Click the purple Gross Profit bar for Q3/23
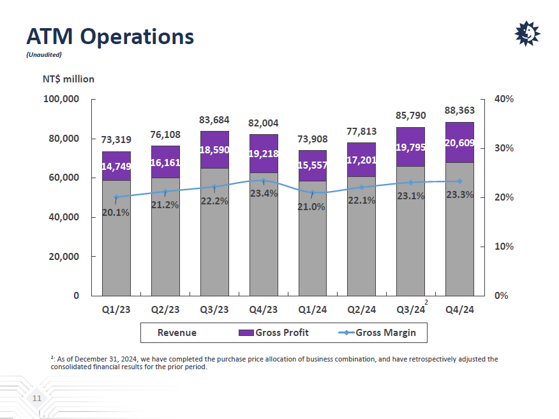(214, 149)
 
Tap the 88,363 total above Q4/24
(459, 110)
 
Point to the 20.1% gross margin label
(116, 213)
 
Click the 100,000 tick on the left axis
(61, 100)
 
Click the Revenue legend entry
(177, 333)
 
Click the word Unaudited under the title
(43, 54)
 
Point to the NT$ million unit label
(68, 79)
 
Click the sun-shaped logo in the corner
(527, 34)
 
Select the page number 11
(37, 399)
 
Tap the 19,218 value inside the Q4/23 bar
(263, 153)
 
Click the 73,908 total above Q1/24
(312, 140)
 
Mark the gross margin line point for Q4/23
(263, 181)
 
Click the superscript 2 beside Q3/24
(426, 301)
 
